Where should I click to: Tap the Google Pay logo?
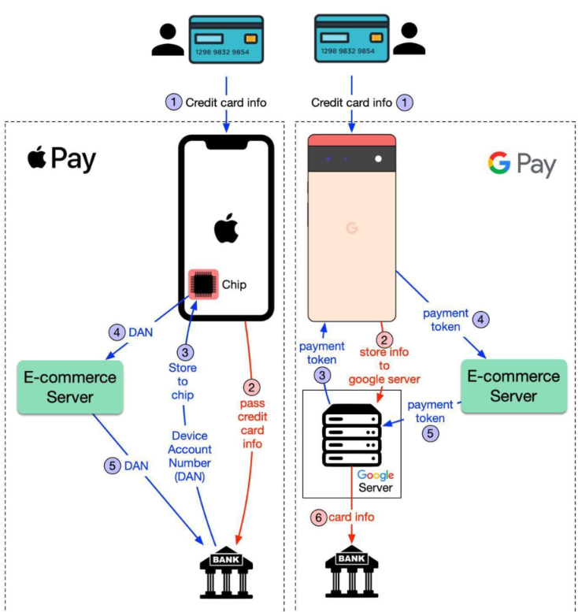521,164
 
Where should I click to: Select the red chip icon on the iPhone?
203,284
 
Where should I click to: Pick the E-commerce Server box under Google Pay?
513,386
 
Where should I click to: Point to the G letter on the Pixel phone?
351,228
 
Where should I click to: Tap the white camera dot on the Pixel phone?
378,159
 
